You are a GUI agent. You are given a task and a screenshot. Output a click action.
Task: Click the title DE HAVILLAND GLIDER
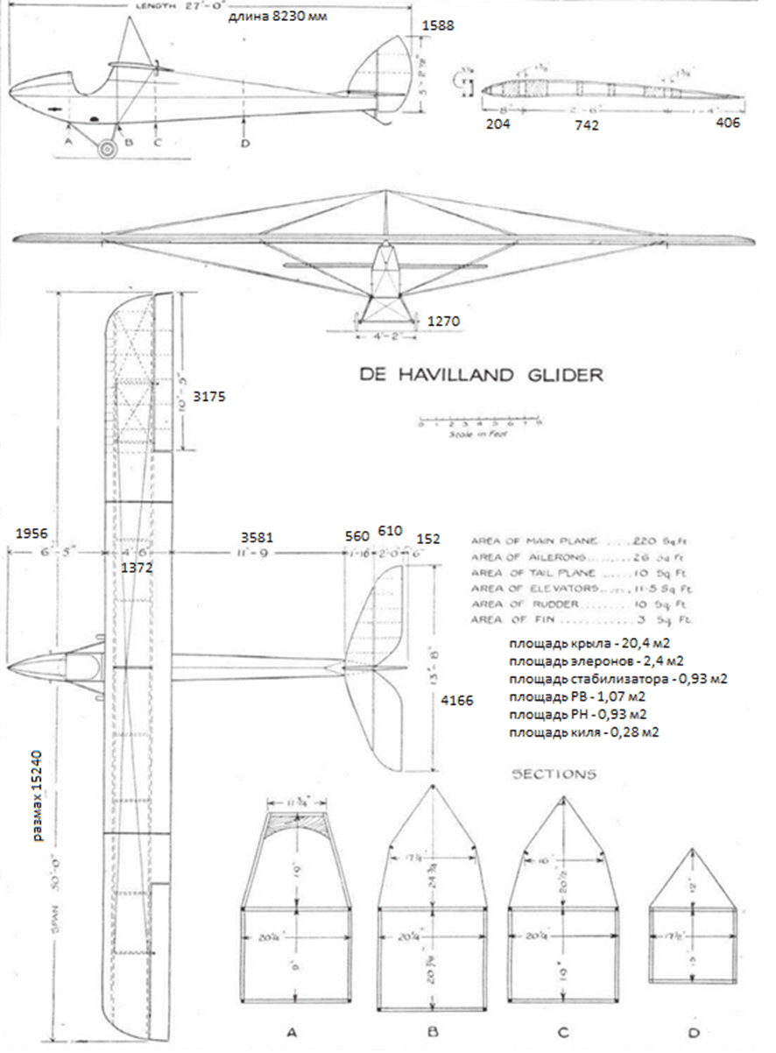click(x=482, y=375)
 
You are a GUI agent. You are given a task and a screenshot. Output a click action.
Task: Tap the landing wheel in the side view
click(x=107, y=150)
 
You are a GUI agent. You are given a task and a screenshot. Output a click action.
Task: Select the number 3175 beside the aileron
click(x=210, y=396)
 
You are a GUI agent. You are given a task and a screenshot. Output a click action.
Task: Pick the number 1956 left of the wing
click(x=31, y=533)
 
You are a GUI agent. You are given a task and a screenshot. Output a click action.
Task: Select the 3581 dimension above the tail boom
click(x=257, y=533)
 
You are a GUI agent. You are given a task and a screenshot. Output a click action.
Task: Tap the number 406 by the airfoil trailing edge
click(x=726, y=124)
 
